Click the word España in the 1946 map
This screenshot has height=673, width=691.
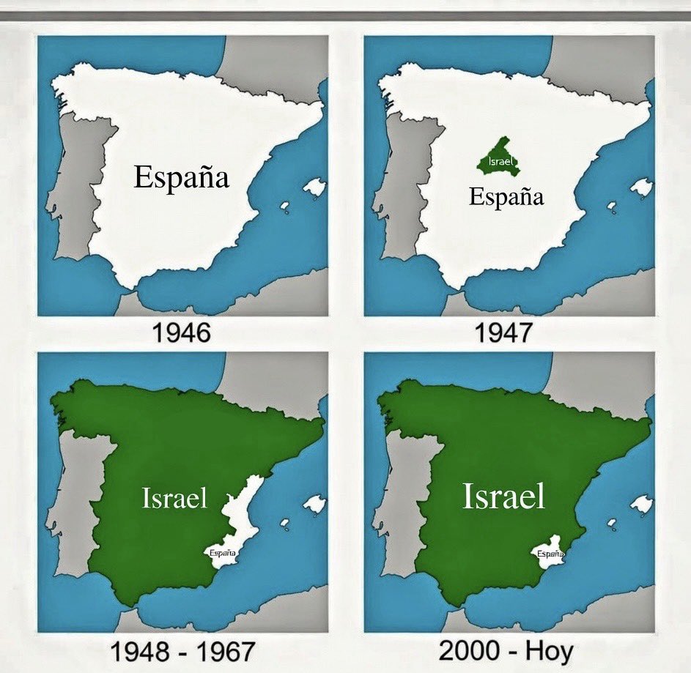pyautogui.click(x=181, y=178)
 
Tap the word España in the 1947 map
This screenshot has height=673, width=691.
pyautogui.click(x=506, y=196)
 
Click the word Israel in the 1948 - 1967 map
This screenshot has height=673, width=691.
pyautogui.click(x=174, y=499)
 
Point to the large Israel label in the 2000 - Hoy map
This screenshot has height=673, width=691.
pyautogui.click(x=503, y=497)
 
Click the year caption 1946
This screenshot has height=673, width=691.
pyautogui.click(x=181, y=333)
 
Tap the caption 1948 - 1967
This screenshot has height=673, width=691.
pyautogui.click(x=181, y=650)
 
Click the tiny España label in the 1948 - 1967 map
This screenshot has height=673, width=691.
pyautogui.click(x=222, y=553)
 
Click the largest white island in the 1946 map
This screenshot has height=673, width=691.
pyautogui.click(x=315, y=188)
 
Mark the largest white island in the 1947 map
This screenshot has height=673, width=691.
pyautogui.click(x=641, y=188)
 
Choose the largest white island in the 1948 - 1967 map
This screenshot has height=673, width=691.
pyautogui.click(x=315, y=505)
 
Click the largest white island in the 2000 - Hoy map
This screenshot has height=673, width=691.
pyautogui.click(x=641, y=505)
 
